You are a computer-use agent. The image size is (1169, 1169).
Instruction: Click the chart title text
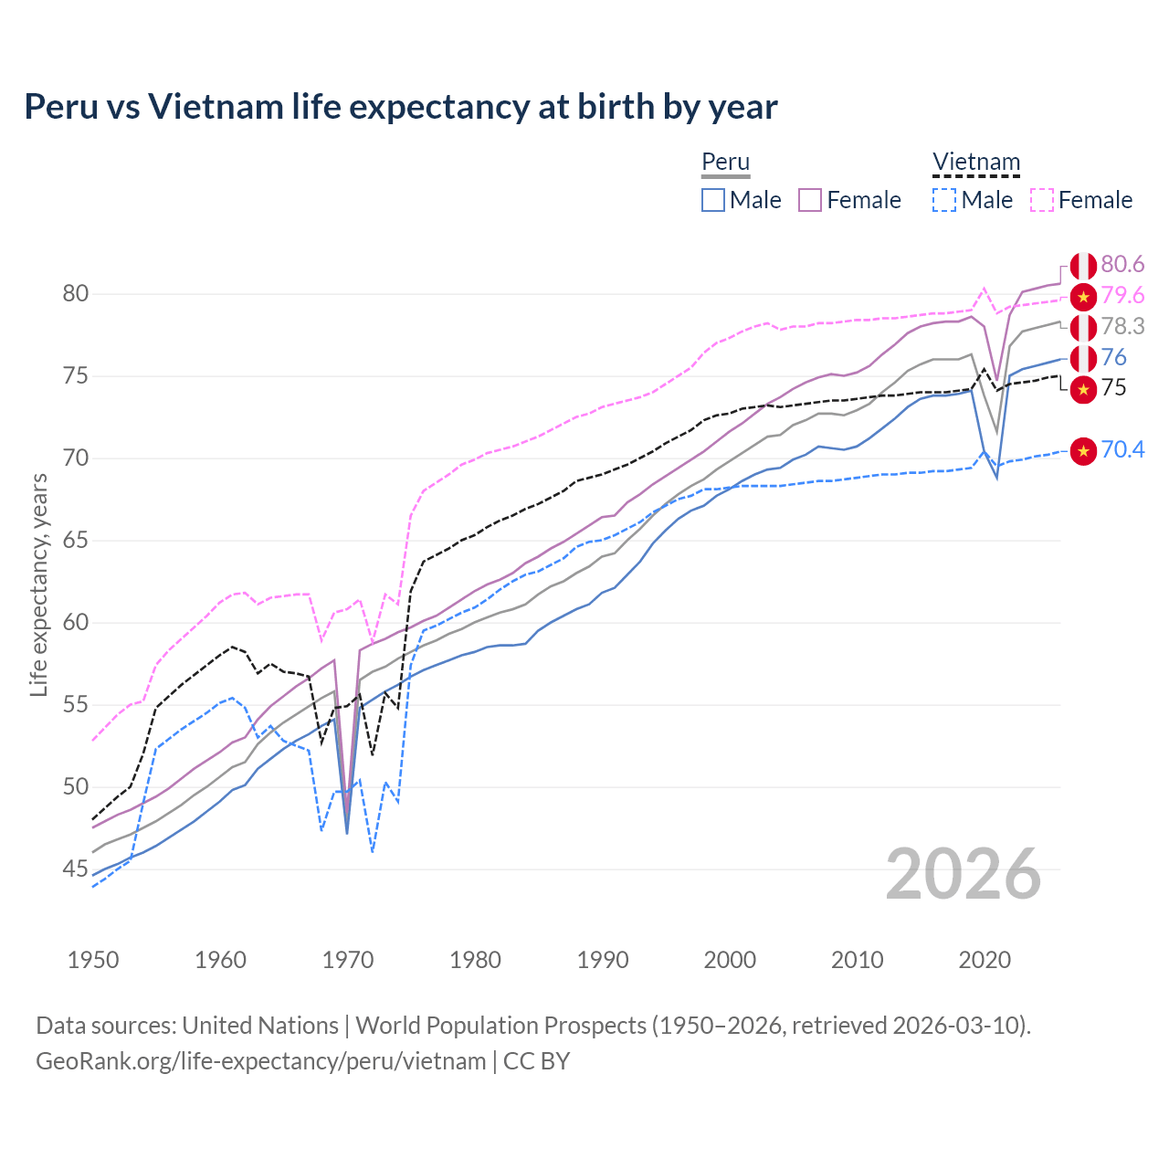coord(400,107)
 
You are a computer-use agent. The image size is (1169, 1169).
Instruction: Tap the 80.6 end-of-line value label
coord(1122,265)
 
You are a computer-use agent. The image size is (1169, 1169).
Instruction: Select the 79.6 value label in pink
coord(1122,296)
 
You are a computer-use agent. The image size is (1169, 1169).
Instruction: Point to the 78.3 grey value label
coord(1122,327)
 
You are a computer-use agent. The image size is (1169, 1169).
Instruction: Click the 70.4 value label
coord(1122,450)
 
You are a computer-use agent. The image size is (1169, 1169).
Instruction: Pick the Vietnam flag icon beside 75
coord(1083,389)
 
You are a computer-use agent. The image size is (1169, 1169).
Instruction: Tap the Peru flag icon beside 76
coord(1083,358)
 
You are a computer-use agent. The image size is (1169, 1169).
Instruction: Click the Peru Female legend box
coord(810,200)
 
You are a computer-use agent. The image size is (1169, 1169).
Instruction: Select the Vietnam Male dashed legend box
coord(945,200)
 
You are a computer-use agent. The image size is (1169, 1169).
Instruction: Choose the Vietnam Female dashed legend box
coord(1042,200)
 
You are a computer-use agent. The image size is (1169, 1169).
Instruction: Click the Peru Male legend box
coord(713,200)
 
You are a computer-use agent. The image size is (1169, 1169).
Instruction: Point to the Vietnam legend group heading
coord(975,163)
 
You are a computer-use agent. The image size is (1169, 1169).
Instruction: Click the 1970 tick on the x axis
coord(348,960)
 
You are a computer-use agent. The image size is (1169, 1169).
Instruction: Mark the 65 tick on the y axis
coord(75,541)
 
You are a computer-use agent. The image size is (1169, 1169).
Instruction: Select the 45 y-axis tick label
coord(75,869)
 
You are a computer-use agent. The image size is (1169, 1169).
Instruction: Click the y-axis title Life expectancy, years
coord(38,584)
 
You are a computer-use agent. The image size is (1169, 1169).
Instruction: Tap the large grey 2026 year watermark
coord(963,875)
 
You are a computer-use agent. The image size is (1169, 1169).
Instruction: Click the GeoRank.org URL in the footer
coord(260,1061)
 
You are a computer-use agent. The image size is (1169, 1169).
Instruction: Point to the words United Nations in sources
coord(260,1026)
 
